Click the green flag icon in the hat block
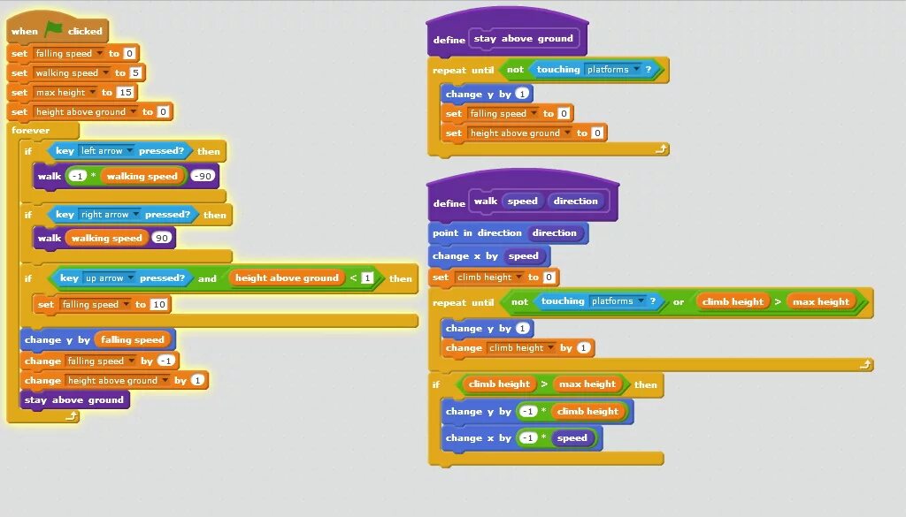click(54, 30)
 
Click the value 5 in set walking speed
click(134, 72)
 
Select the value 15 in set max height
click(125, 92)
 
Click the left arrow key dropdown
click(106, 151)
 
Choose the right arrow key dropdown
click(110, 215)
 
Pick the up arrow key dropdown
click(110, 278)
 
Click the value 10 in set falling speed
click(159, 304)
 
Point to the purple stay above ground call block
click(74, 399)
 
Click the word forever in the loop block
click(30, 131)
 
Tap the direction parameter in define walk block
click(575, 201)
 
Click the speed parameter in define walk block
click(522, 201)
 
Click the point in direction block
click(478, 233)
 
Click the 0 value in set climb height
click(549, 278)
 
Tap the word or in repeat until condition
click(679, 302)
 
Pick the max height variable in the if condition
click(587, 384)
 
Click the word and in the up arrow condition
click(207, 278)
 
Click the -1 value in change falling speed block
click(166, 361)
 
